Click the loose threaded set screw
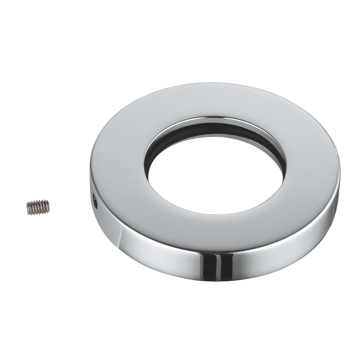click(38, 207)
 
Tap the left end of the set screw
click(28, 209)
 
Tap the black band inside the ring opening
click(212, 131)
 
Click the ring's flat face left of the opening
click(118, 167)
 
